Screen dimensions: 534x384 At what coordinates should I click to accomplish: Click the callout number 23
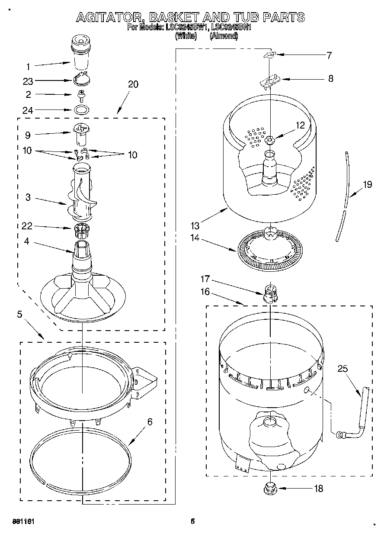tap(28, 81)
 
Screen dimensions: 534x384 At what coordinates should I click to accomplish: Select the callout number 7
tap(329, 55)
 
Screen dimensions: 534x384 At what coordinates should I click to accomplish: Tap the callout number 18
tap(318, 488)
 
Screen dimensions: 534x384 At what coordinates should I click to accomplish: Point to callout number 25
tap(343, 368)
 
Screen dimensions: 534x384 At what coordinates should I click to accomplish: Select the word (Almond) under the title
tap(224, 36)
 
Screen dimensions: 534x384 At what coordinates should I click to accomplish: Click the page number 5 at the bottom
tap(193, 521)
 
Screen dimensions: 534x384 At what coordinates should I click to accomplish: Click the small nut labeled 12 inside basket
tap(269, 139)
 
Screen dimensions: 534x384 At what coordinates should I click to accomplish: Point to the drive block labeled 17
tap(270, 293)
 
